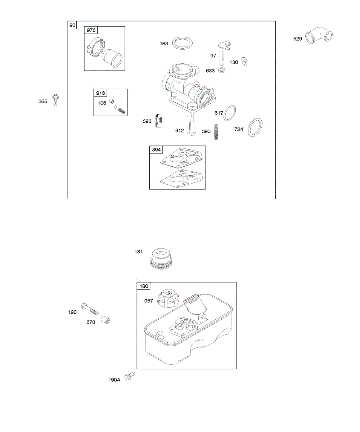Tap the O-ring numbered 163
click(182, 44)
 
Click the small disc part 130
click(245, 62)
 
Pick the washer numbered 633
click(221, 70)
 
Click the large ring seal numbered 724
click(255, 127)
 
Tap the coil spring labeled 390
click(216, 132)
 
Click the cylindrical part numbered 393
click(159, 121)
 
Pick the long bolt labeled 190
click(90, 308)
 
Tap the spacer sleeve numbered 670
click(105, 319)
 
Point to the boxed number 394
click(157, 150)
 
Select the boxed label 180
click(144, 287)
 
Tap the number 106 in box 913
click(102, 103)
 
